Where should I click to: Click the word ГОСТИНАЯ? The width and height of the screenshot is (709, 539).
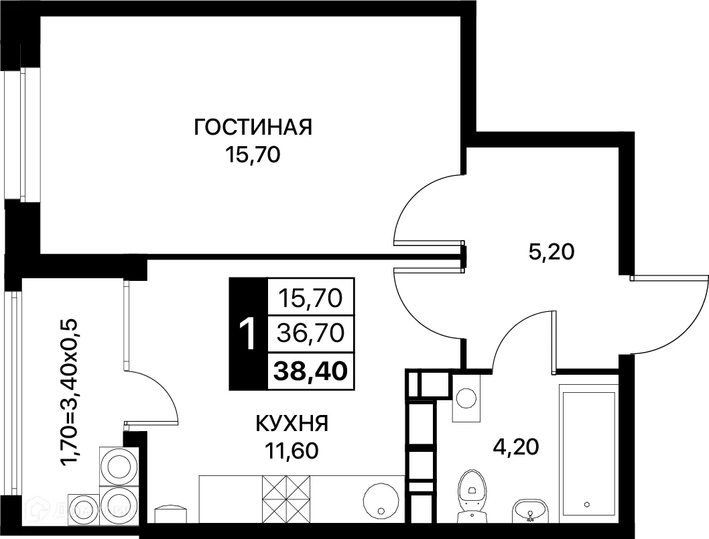tap(253, 127)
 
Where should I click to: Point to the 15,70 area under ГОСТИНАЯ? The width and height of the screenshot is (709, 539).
tap(253, 156)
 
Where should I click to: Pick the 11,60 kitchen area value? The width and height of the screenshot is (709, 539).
tap(291, 449)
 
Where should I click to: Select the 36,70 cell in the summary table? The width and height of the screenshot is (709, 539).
tap(310, 332)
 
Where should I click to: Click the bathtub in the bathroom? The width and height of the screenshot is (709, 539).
tap(588, 453)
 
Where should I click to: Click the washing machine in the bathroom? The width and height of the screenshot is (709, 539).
tap(466, 398)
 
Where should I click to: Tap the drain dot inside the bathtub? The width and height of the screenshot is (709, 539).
tap(586, 504)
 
